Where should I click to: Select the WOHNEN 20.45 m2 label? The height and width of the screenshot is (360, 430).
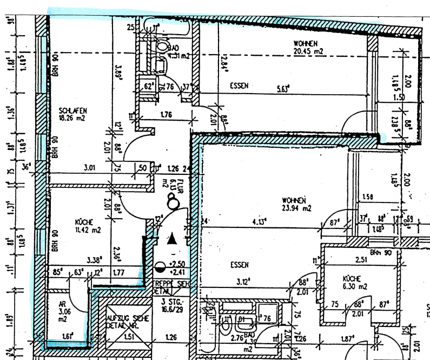point(308,47)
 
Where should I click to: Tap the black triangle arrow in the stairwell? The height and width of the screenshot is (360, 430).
point(172,238)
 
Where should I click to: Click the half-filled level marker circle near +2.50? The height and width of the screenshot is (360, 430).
point(160,266)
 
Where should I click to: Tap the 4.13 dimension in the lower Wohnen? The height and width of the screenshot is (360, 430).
point(262,221)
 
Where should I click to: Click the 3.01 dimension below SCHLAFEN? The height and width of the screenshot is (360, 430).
point(90,168)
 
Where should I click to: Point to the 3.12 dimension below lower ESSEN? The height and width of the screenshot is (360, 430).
point(241,281)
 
